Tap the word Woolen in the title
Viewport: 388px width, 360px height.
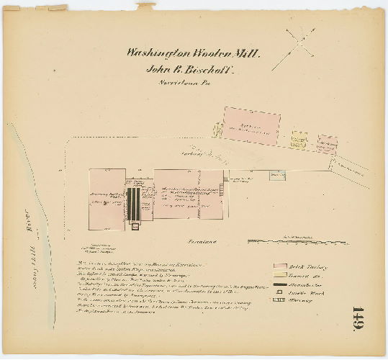pos(203,53)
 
